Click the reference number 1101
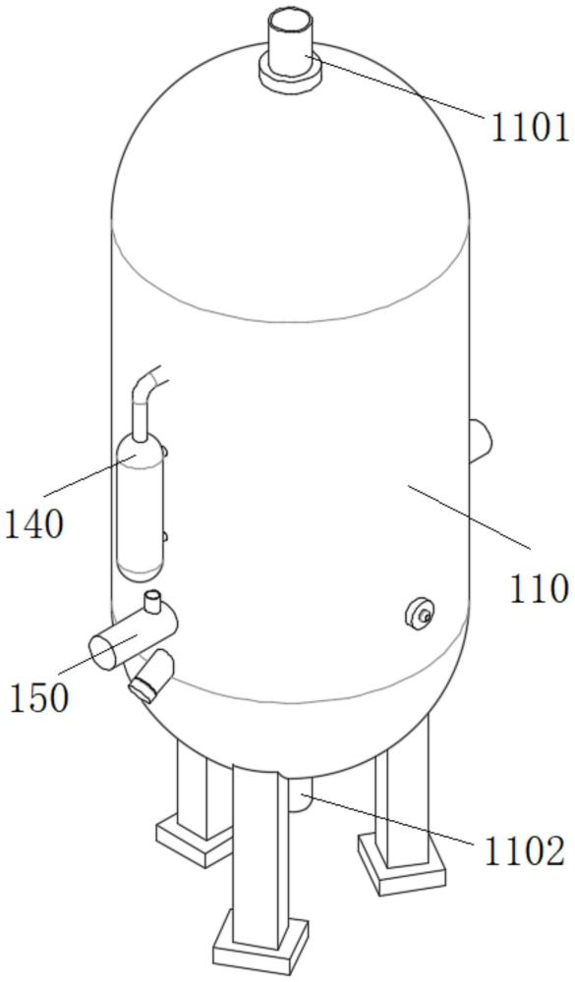click(x=529, y=129)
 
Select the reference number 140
click(x=34, y=523)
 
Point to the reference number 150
click(x=39, y=697)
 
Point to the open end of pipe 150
click(x=104, y=651)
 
